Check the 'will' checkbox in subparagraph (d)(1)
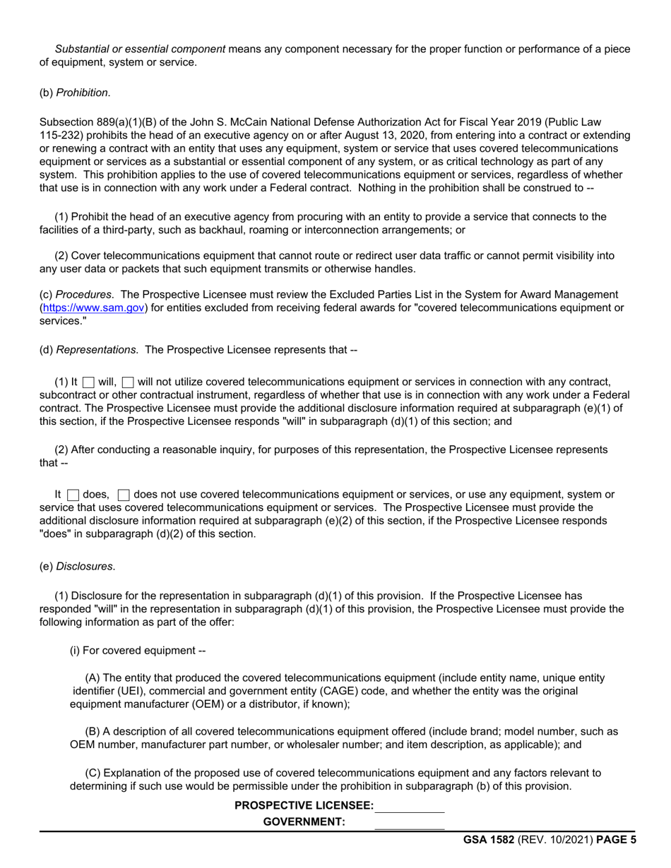pos(88,382)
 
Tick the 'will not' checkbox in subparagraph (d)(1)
pos(128,382)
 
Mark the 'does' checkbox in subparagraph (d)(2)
pos(73,495)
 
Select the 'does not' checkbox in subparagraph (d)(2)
pos(124,495)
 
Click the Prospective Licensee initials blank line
pos(410,806)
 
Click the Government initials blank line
pos(410,822)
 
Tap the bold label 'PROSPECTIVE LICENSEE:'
pos(304,806)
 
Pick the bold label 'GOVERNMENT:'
pos(304,822)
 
